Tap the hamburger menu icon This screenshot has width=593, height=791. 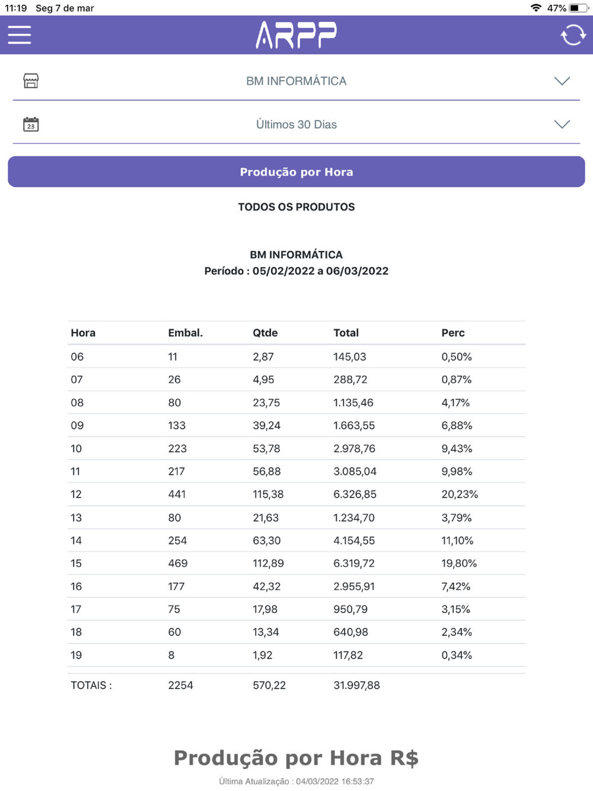click(20, 35)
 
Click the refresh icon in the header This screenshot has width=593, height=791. click(573, 35)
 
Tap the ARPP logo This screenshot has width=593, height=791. click(296, 35)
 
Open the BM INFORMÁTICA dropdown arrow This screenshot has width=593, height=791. click(562, 81)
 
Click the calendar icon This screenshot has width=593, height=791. click(31, 124)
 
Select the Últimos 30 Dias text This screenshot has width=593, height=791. click(296, 125)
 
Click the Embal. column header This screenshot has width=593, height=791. click(185, 333)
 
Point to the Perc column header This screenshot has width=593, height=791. click(452, 333)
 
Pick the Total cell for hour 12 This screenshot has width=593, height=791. click(355, 495)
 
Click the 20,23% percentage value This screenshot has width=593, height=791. click(459, 495)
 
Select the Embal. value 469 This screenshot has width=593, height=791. click(177, 563)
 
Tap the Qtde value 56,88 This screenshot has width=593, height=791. click(266, 471)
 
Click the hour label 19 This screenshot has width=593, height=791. click(76, 655)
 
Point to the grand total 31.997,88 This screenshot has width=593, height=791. click(356, 685)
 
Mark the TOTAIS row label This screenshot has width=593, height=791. click(91, 685)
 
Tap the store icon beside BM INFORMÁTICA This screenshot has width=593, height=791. click(31, 81)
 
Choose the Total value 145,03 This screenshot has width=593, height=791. click(349, 357)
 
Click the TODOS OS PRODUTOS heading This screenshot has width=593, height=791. click(296, 207)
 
